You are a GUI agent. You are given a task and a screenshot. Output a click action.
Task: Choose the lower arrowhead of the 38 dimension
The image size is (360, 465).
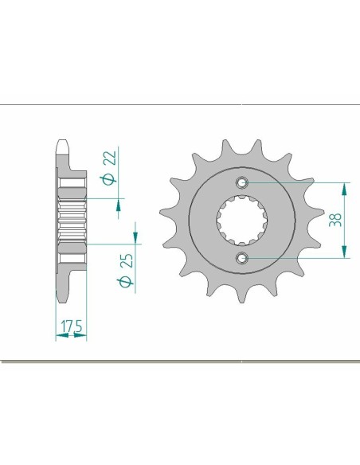[x=345, y=252]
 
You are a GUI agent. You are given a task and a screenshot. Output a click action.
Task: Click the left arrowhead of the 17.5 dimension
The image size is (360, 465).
[x=58, y=337]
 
